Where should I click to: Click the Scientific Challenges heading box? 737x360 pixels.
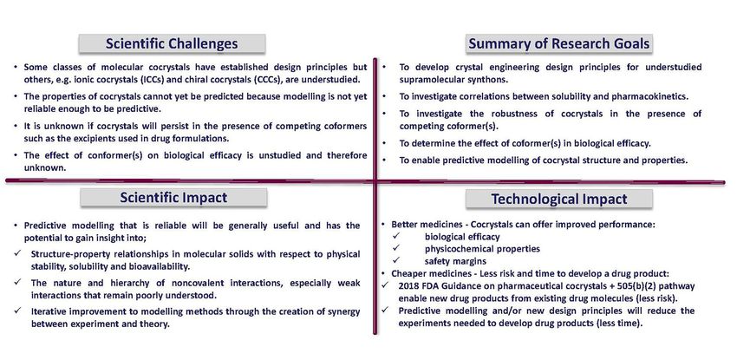coord(172,43)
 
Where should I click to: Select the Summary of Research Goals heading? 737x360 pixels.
coord(559,43)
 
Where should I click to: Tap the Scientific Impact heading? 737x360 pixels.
coord(173,198)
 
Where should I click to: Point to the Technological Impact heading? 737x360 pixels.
coord(559,199)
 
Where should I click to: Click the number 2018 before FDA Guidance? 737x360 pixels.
coord(408,286)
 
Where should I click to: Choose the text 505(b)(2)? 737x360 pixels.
coord(633,286)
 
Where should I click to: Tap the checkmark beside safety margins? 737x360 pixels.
coord(395,260)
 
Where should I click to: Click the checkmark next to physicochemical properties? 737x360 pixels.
coord(395,248)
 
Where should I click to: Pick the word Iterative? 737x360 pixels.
coord(49,311)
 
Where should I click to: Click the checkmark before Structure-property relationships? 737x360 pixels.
coord(18,253)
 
